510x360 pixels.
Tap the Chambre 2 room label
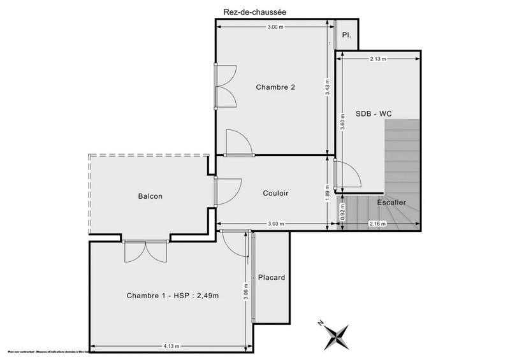pyautogui.click(x=275, y=87)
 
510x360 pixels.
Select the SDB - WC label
pyautogui.click(x=374, y=113)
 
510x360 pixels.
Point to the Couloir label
pyautogui.click(x=275, y=193)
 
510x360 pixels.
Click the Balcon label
pyautogui.click(x=150, y=196)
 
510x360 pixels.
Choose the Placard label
pyautogui.click(x=271, y=278)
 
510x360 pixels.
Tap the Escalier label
pyautogui.click(x=391, y=203)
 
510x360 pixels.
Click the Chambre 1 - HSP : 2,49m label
pyautogui.click(x=172, y=296)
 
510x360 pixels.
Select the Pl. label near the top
pyautogui.click(x=347, y=35)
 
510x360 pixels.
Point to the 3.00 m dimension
pyautogui.click(x=275, y=27)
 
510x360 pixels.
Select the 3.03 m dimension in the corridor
pyautogui.click(x=276, y=224)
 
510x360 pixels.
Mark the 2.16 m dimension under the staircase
pyautogui.click(x=379, y=224)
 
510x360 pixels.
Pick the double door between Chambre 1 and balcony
pyautogui.click(x=145, y=250)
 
